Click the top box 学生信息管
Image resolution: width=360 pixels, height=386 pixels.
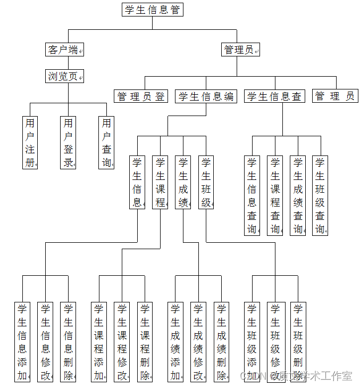click(153, 10)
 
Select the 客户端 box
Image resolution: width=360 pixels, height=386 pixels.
click(64, 50)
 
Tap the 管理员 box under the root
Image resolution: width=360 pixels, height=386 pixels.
click(240, 50)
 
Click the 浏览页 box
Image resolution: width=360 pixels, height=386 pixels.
click(64, 76)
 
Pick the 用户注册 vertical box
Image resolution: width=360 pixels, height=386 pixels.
click(30, 143)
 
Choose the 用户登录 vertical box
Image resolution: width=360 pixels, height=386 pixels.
click(68, 143)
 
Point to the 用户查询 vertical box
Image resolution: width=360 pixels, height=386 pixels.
click(106, 143)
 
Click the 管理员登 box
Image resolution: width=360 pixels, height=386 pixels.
click(141, 96)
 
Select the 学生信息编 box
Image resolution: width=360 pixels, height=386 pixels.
click(206, 96)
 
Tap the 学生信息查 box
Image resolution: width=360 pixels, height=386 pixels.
click(275, 96)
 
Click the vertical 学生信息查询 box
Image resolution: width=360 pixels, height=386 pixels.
click(252, 195)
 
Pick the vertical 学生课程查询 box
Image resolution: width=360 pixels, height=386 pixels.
click(275, 195)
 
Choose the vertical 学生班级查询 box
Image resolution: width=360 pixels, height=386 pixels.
click(320, 195)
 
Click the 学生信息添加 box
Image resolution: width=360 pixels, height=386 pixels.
click(22, 342)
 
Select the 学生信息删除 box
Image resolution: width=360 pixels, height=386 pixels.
click(68, 342)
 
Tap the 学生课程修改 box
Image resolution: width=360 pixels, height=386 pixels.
click(122, 342)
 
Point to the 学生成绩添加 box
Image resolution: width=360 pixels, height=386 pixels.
click(175, 342)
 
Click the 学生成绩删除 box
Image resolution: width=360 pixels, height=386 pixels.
click(221, 342)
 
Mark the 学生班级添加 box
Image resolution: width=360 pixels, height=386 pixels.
click(252, 342)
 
